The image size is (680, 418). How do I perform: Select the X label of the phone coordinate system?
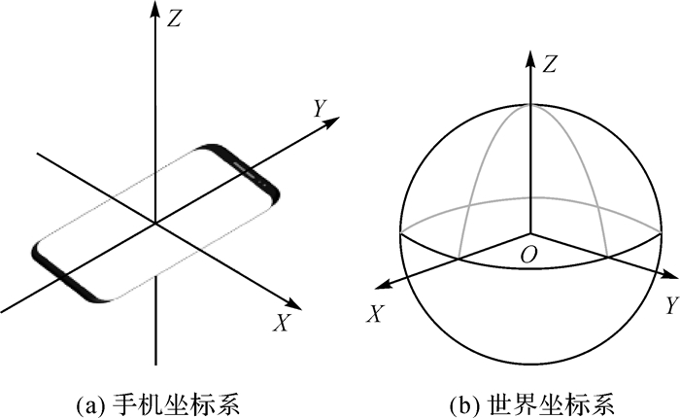coord(282,324)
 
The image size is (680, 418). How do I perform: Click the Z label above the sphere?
coord(550,65)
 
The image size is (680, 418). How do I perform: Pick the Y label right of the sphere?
coord(670,306)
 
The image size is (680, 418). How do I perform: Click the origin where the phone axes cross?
coord(154,225)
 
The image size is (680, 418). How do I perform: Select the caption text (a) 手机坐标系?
coord(156,400)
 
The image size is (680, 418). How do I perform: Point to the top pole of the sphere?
coord(529,104)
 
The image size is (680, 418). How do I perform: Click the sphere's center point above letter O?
coord(529,234)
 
